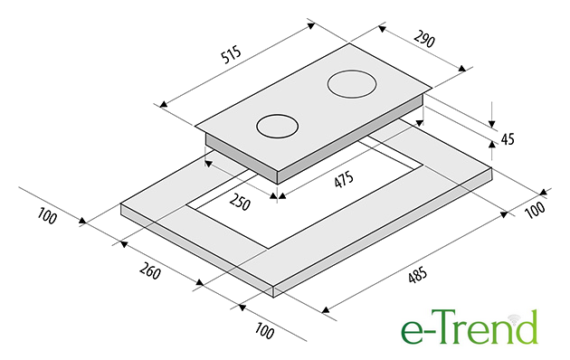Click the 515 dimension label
click(x=232, y=54)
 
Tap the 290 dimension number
click(x=424, y=39)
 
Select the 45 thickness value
click(x=508, y=138)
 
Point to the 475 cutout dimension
click(x=344, y=180)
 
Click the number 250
click(x=240, y=203)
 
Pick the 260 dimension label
click(x=150, y=270)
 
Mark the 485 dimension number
click(x=417, y=276)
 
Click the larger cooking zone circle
click(x=352, y=84)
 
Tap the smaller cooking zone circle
click(x=278, y=127)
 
